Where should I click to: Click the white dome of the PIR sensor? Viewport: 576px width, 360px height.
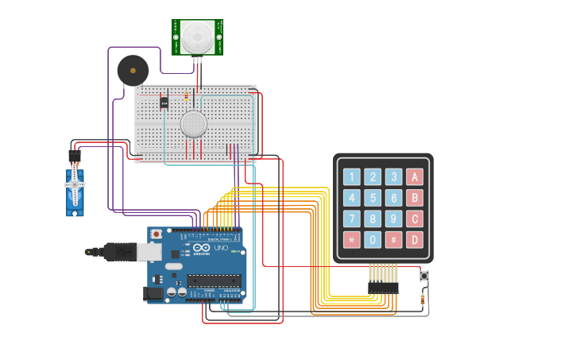click(197, 37)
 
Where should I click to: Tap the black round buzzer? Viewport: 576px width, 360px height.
click(133, 71)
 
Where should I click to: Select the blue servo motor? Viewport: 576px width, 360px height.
click(75, 189)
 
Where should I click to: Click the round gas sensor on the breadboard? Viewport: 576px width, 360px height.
click(193, 124)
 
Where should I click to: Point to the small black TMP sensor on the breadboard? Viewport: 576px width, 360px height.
click(164, 102)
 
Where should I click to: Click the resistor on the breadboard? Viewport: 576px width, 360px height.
click(187, 96)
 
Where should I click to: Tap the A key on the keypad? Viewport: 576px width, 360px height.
click(414, 177)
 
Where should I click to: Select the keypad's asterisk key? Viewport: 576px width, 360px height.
click(352, 239)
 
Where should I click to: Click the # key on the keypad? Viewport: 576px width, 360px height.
click(393, 239)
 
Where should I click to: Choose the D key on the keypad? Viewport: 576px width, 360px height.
click(414, 239)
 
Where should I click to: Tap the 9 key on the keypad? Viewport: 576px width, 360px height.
click(393, 219)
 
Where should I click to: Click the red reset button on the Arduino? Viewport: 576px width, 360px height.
click(157, 234)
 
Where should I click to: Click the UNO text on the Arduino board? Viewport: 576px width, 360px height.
click(219, 249)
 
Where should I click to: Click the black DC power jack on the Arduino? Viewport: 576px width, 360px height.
click(153, 294)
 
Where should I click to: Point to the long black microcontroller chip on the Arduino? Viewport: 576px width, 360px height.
click(214, 280)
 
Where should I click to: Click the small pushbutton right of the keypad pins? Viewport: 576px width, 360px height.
click(423, 276)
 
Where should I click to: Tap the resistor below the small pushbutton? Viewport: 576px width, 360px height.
click(422, 300)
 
